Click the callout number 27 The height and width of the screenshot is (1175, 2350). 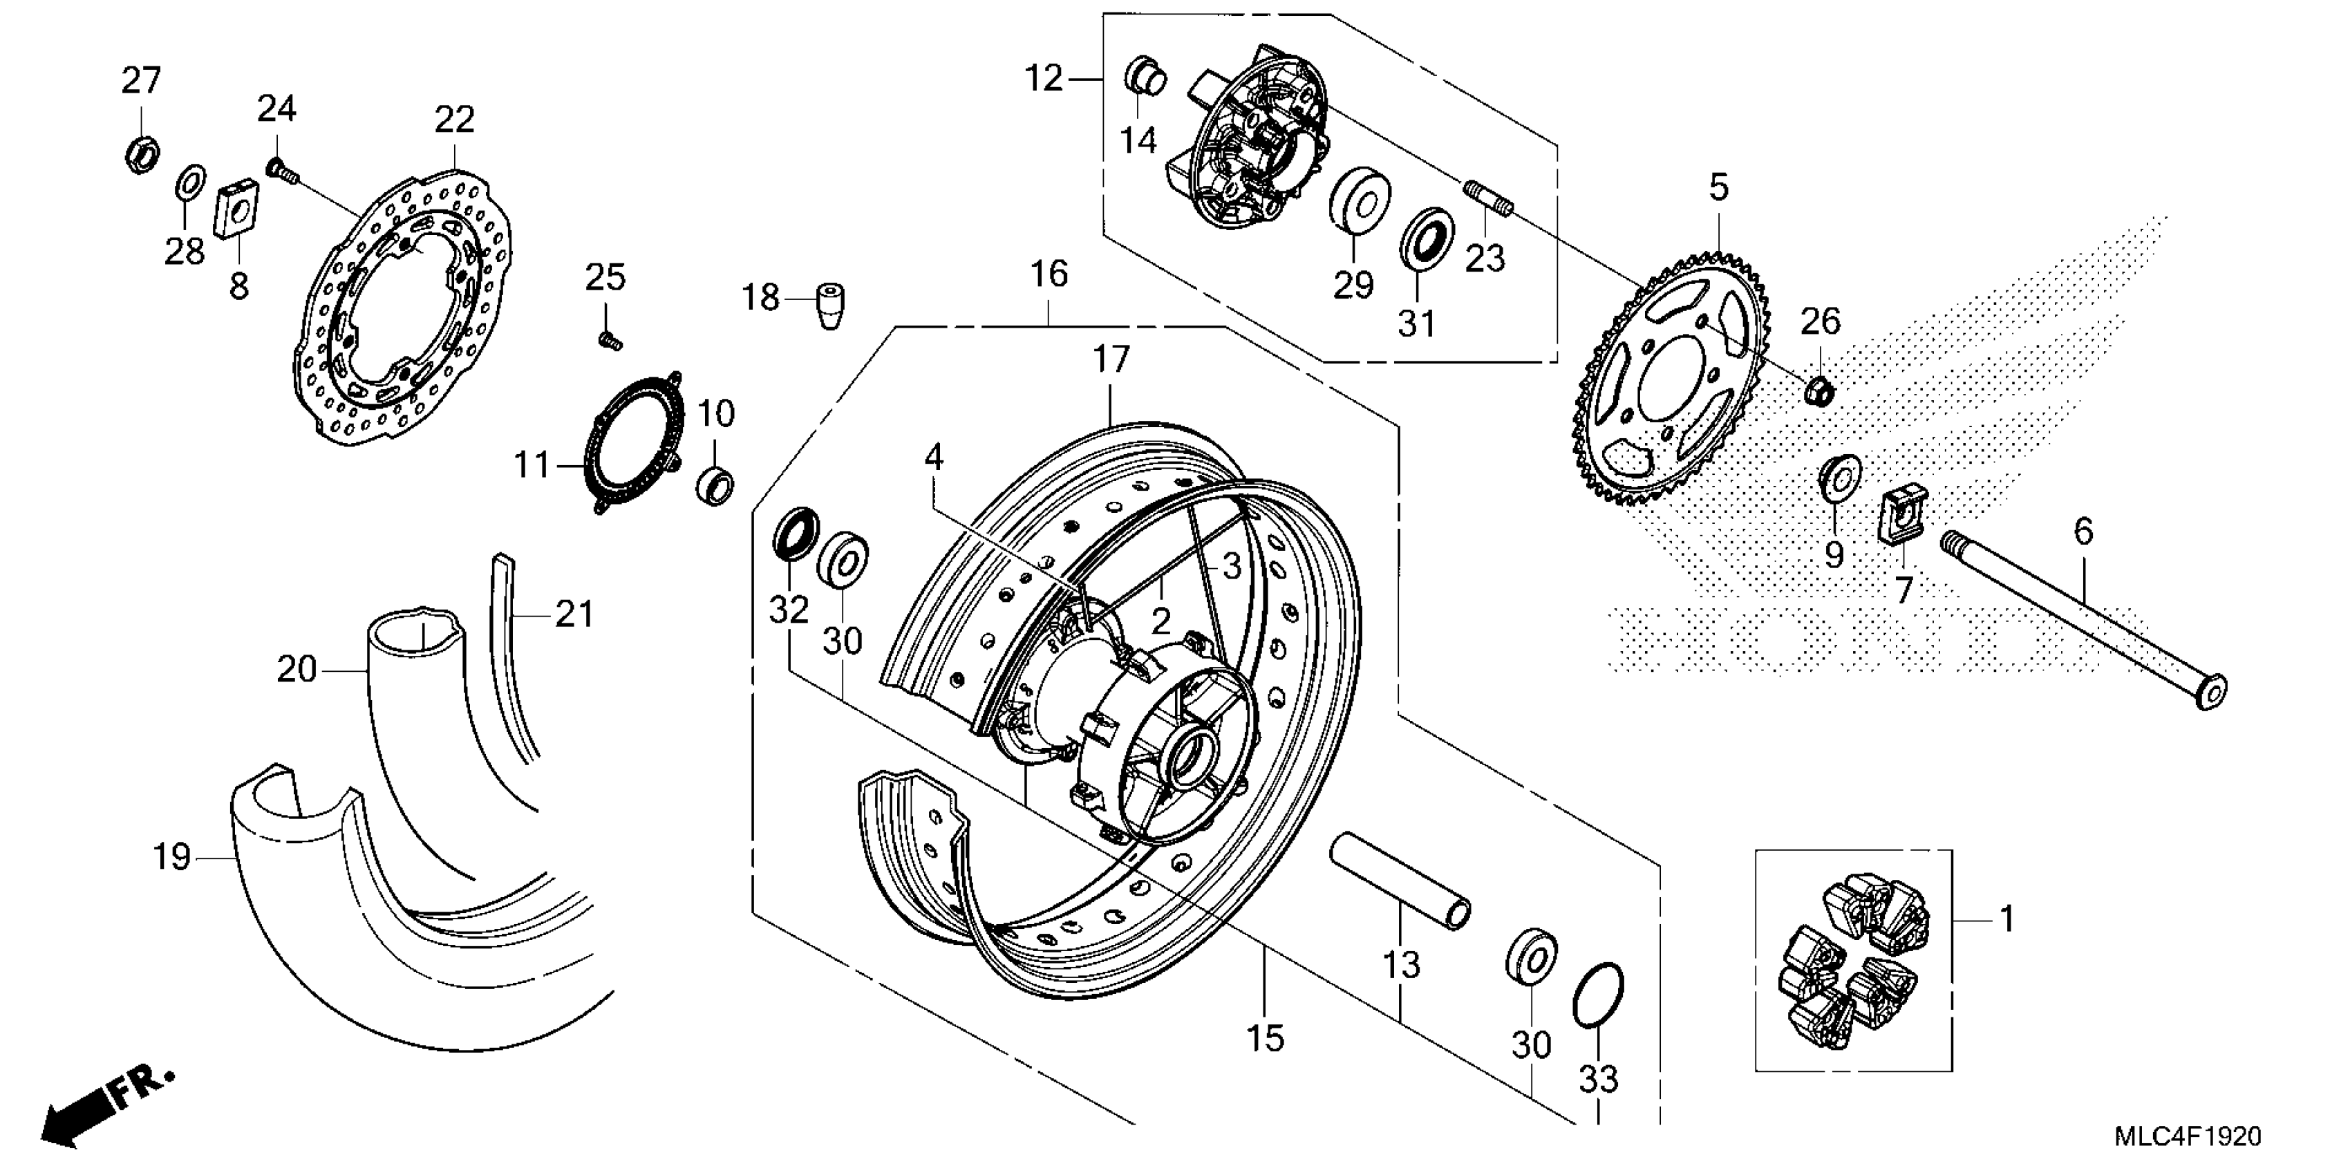point(142,81)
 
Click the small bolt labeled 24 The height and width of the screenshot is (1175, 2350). point(279,169)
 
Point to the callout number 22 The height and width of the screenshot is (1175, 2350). point(454,120)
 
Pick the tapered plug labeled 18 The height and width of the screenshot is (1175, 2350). point(829,305)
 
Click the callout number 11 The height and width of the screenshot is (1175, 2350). point(533,465)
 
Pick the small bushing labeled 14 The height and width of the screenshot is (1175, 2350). point(1146,75)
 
